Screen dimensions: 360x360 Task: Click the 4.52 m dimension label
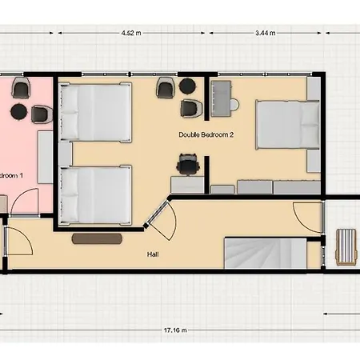[x=130, y=34]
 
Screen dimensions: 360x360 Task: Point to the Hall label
[x=153, y=254]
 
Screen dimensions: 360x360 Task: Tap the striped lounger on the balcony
[x=346, y=246]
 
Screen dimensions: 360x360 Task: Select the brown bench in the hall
[x=97, y=238]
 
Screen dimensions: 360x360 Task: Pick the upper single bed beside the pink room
[x=95, y=112]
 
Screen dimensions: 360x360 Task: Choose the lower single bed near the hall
[x=95, y=194]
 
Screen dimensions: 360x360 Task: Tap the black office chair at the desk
[x=187, y=165]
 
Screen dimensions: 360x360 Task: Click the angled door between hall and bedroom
[x=162, y=217]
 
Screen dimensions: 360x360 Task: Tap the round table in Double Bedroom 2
[x=186, y=86]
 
